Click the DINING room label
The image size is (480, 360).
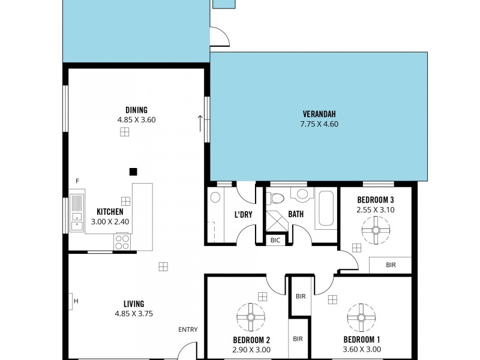tap(133, 110)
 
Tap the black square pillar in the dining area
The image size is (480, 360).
tap(133, 171)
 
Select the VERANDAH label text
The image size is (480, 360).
tap(319, 114)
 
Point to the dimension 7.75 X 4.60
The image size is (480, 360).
tap(319, 124)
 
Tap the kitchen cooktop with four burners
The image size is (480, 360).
tap(122, 242)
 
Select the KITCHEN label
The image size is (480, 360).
tap(110, 212)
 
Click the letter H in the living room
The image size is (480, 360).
tap(76, 301)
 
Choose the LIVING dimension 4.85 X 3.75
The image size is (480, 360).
tap(133, 313)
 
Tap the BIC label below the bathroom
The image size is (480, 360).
tap(275, 240)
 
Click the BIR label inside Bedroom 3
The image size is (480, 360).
tap(390, 264)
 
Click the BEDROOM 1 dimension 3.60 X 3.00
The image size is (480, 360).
tap(361, 349)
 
